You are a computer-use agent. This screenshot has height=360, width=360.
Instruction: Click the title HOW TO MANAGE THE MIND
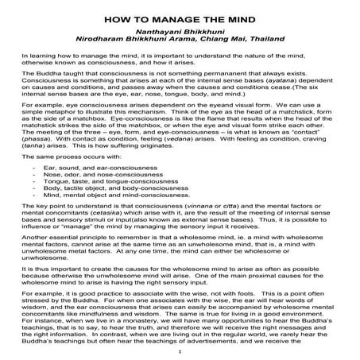pyautogui.click(x=180, y=15)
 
